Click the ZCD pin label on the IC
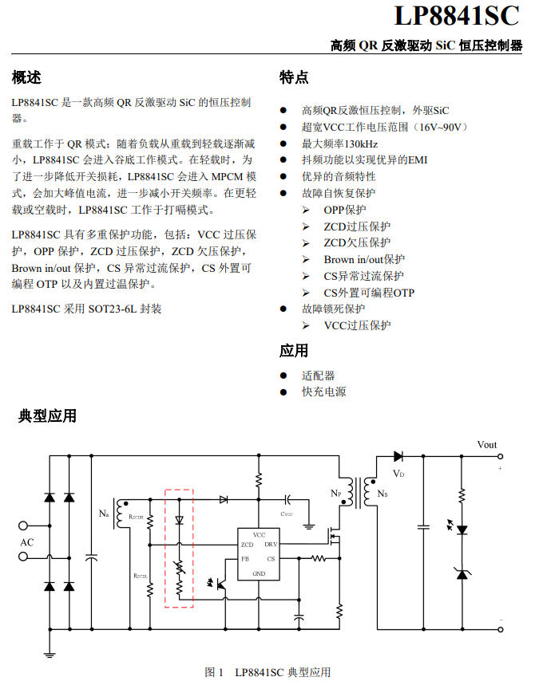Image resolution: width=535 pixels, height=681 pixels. click(x=247, y=545)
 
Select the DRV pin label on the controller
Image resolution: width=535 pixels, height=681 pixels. click(x=271, y=544)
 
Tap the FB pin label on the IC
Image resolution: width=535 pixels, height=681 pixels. click(x=245, y=559)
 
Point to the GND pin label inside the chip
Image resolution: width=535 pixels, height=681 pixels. click(x=259, y=573)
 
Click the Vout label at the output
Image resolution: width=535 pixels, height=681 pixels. click(x=487, y=445)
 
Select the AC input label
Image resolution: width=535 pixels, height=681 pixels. click(x=27, y=542)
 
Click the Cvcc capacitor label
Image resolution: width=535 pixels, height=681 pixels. click(x=287, y=514)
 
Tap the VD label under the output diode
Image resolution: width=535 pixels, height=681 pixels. click(x=398, y=474)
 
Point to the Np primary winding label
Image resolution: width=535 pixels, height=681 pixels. click(x=336, y=493)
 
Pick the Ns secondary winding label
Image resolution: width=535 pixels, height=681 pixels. click(x=382, y=494)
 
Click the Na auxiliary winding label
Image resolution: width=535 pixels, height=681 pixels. click(x=104, y=514)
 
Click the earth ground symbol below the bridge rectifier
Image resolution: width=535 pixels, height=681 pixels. click(x=50, y=655)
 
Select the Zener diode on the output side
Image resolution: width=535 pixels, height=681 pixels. click(x=462, y=574)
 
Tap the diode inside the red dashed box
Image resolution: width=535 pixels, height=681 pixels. click(x=179, y=520)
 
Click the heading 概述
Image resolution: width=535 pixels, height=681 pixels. click(x=26, y=77)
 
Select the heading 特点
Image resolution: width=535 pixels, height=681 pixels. click(x=294, y=77)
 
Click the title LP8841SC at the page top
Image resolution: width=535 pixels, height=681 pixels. click(x=457, y=16)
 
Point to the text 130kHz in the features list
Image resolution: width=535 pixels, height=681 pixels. click(x=361, y=144)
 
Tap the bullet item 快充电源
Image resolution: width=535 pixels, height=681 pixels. click(x=324, y=392)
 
